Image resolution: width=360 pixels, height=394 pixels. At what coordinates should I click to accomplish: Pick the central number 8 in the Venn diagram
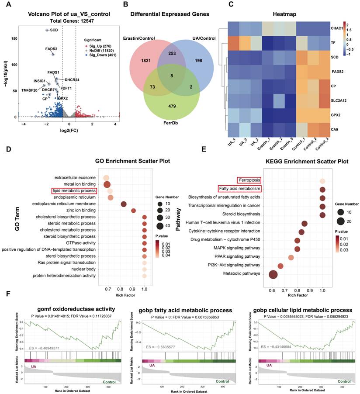[171, 76]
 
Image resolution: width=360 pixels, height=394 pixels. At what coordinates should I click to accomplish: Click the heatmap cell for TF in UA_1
[243, 43]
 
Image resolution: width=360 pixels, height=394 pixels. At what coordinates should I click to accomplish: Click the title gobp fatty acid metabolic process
[180, 311]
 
